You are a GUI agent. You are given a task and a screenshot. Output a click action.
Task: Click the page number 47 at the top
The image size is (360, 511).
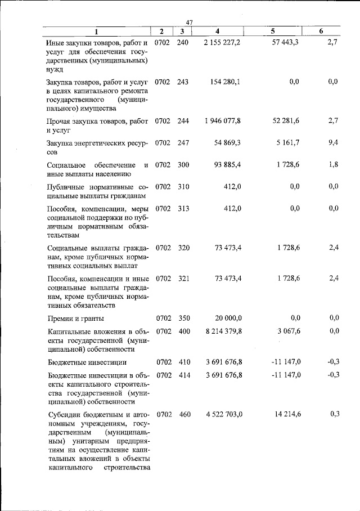pos(190,22)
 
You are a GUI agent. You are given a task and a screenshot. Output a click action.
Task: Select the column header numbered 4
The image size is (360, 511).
pos(217,31)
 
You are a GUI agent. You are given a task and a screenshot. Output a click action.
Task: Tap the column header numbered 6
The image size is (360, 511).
pos(321,31)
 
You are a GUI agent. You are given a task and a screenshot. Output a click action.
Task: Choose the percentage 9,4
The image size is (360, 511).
pos(332,142)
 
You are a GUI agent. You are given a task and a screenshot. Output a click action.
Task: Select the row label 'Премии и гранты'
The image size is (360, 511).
pos(79,318)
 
